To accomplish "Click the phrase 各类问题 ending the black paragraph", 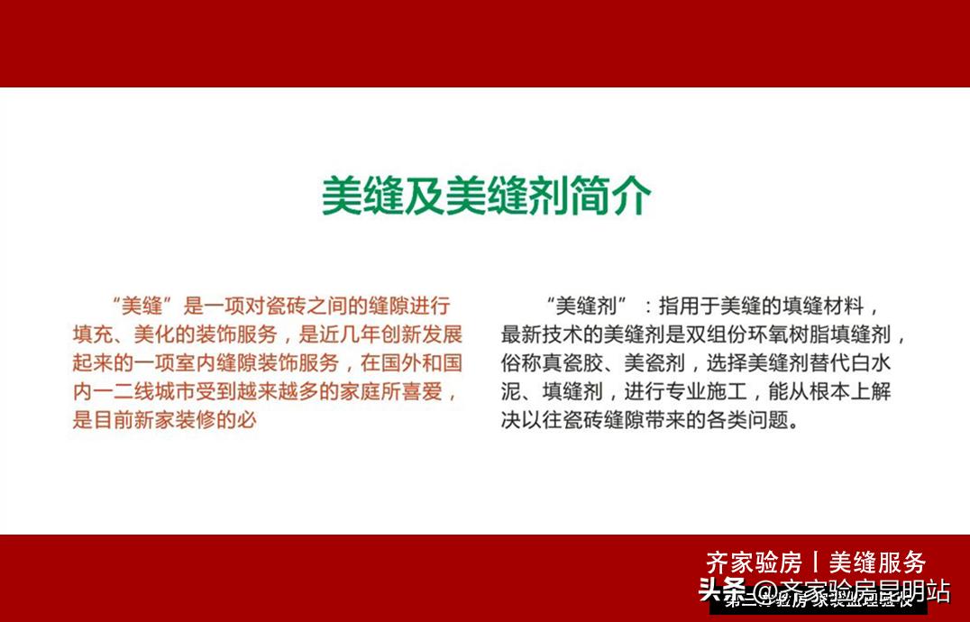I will pyautogui.click(x=750, y=421).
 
